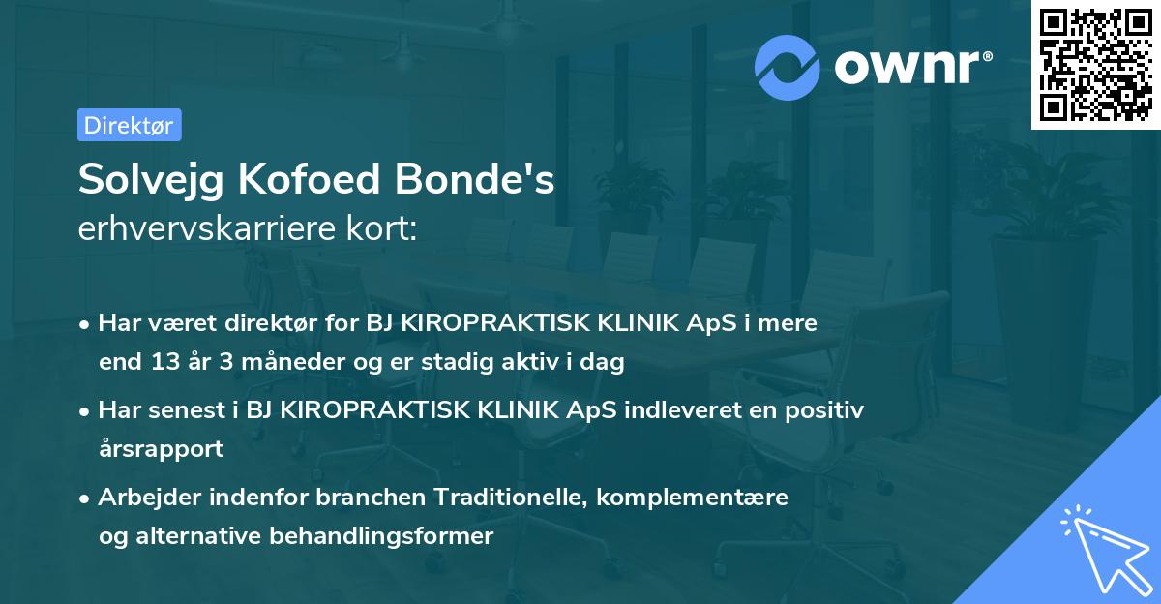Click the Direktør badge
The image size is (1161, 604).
coord(129,125)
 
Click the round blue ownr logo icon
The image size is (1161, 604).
coord(788,66)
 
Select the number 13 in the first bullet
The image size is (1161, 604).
coord(160,363)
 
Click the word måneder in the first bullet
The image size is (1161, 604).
coord(253,363)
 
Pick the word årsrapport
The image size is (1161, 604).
coord(161,449)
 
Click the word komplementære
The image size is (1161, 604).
coord(693,498)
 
